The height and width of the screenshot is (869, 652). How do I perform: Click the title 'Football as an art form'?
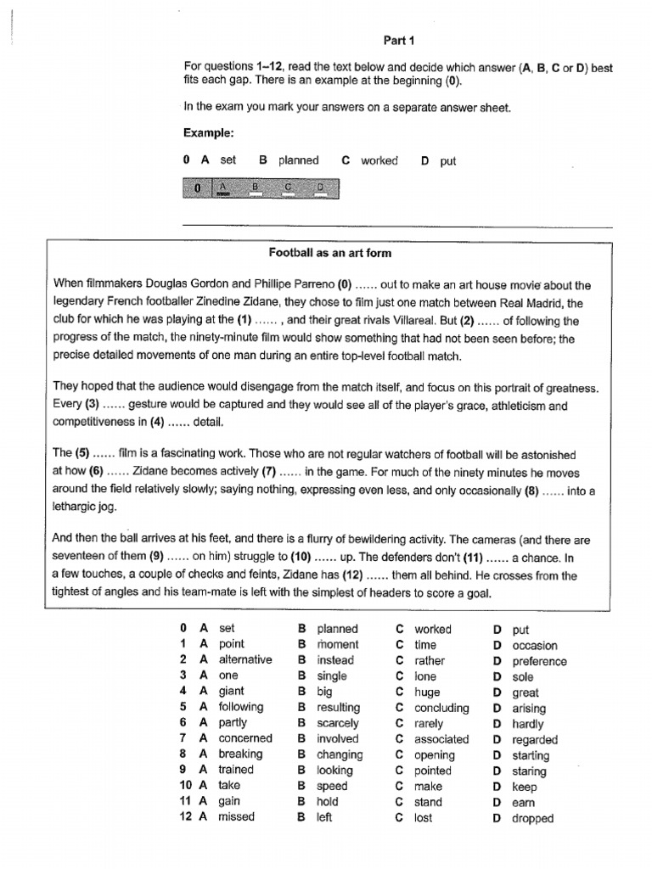[330, 253]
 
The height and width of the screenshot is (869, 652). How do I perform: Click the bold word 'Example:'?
[208, 133]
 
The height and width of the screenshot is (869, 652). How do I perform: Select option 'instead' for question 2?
[335, 660]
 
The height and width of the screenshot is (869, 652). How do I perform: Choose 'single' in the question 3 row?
[332, 676]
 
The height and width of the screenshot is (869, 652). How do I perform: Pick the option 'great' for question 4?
[526, 692]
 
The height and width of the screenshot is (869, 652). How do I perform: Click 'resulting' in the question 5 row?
[338, 708]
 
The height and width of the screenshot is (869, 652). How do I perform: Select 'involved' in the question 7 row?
[338, 739]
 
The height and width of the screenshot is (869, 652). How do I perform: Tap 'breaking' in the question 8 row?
[240, 754]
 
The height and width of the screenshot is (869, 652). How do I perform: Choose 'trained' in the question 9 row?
[236, 770]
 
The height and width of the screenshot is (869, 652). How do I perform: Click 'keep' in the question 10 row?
[525, 787]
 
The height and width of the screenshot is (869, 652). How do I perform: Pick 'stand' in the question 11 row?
[428, 802]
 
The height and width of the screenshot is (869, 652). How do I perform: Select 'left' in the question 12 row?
[324, 818]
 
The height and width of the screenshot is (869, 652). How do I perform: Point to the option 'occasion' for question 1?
[535, 645]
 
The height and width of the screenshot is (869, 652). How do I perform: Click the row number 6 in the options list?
[183, 723]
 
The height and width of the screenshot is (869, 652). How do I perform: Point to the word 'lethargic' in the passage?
[79, 507]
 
